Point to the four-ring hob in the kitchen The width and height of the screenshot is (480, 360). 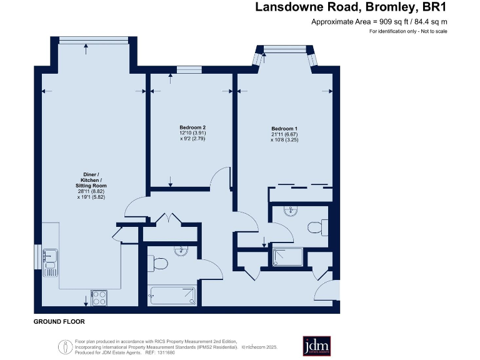pos(99,297)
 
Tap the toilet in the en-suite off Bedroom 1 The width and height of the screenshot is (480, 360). pos(319,227)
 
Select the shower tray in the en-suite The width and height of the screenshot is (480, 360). pos(287,256)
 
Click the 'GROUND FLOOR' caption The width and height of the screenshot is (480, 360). pos(59,321)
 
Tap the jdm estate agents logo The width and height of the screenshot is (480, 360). pos(316,346)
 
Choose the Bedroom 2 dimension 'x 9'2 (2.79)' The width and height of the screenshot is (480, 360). pos(188,139)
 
